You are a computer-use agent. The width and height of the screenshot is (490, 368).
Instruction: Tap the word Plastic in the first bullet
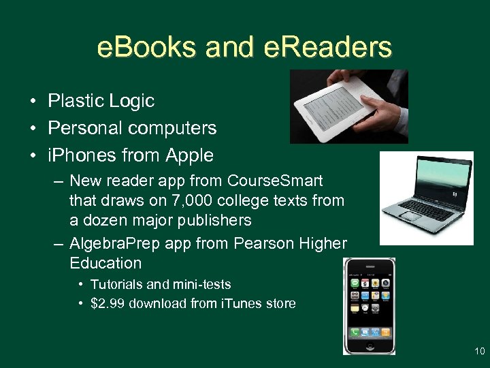click(73, 101)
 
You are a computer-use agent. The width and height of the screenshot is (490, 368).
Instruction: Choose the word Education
click(105, 263)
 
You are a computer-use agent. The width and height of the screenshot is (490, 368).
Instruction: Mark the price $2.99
click(109, 303)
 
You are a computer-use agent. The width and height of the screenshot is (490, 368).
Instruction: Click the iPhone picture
click(370, 306)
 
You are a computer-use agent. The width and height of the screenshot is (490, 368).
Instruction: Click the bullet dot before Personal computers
click(33, 129)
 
